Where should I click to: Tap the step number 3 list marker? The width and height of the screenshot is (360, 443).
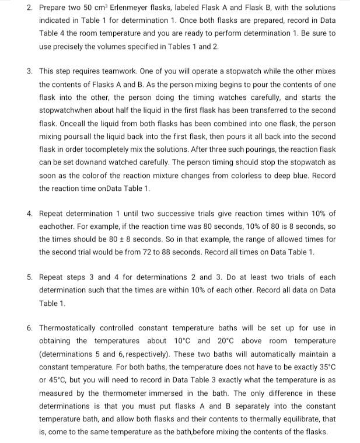point(29,71)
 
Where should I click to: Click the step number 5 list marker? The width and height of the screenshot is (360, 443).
point(29,277)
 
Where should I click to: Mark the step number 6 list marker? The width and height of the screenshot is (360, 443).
point(29,328)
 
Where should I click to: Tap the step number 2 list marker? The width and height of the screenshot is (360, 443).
point(29,8)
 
